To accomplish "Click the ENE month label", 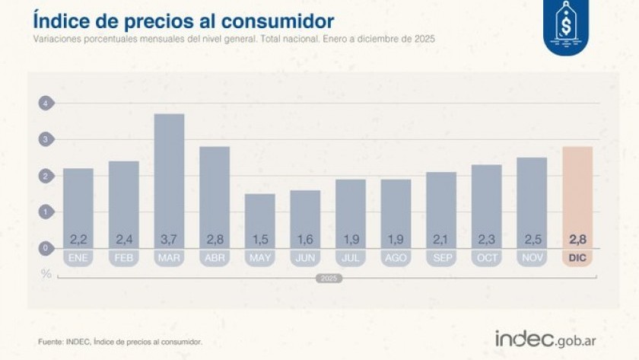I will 78,258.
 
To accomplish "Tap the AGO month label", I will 396,258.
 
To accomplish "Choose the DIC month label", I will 577,258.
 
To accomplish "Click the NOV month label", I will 532,258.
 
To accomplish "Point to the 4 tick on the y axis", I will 46,104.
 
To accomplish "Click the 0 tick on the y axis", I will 46,248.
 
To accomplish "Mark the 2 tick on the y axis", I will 46,176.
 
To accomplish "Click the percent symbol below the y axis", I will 46,272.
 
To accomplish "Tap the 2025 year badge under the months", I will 328,279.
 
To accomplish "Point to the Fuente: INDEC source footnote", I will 120,342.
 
